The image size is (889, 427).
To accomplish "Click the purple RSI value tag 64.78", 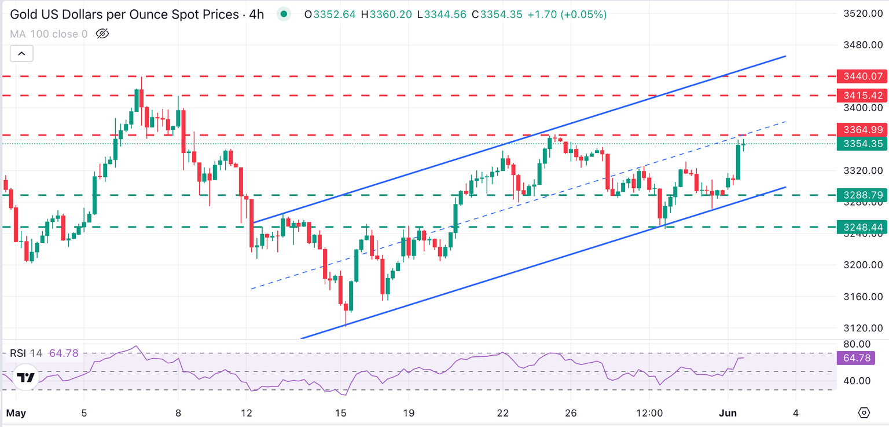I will pyautogui.click(x=857, y=358).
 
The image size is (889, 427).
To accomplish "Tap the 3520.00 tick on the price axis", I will pyautogui.click(x=862, y=13).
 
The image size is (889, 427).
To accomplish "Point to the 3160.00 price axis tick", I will pyautogui.click(x=862, y=297).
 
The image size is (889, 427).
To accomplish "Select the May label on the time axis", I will pyautogui.click(x=16, y=413).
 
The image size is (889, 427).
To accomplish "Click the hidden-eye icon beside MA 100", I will pyautogui.click(x=102, y=34).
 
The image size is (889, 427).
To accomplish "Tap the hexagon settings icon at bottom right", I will pyautogui.click(x=864, y=413).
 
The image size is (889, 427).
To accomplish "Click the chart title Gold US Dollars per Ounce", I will pyautogui.click(x=124, y=14).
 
